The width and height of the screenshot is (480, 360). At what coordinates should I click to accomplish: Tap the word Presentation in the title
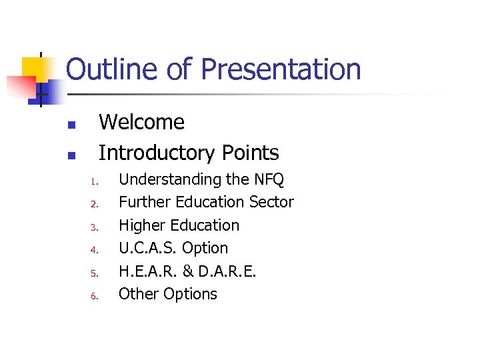[x=281, y=69]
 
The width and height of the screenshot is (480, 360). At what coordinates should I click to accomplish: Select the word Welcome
[x=141, y=122]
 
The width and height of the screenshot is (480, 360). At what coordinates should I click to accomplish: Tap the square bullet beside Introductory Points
[x=71, y=156]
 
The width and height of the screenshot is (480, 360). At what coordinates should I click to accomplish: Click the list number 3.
[x=95, y=227]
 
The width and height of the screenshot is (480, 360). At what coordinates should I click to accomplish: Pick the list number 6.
[x=95, y=296]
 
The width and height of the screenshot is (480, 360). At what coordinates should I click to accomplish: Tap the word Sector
[x=271, y=202]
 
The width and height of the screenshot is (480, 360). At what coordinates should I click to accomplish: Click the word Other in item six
[x=137, y=294]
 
